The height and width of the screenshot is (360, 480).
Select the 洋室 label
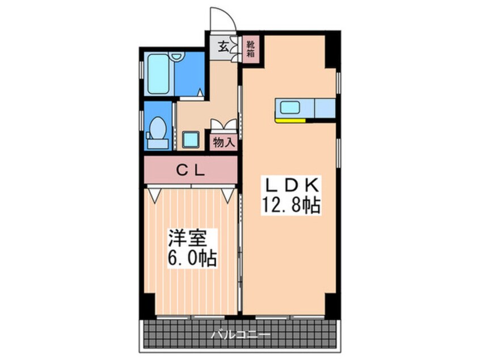(x=187, y=238)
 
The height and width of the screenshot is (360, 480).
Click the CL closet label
(x=191, y=170)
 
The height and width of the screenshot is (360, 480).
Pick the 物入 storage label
(x=224, y=143)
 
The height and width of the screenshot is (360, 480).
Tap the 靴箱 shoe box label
(x=251, y=49)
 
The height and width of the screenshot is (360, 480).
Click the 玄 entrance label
(x=224, y=47)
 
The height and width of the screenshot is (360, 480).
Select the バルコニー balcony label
(x=241, y=334)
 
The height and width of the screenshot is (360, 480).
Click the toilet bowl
(x=158, y=128)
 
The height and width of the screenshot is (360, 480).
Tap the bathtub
(x=158, y=74)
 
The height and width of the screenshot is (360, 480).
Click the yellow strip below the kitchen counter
(x=290, y=120)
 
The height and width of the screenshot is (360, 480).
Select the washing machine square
(x=191, y=140)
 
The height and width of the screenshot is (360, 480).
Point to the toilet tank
(x=158, y=144)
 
